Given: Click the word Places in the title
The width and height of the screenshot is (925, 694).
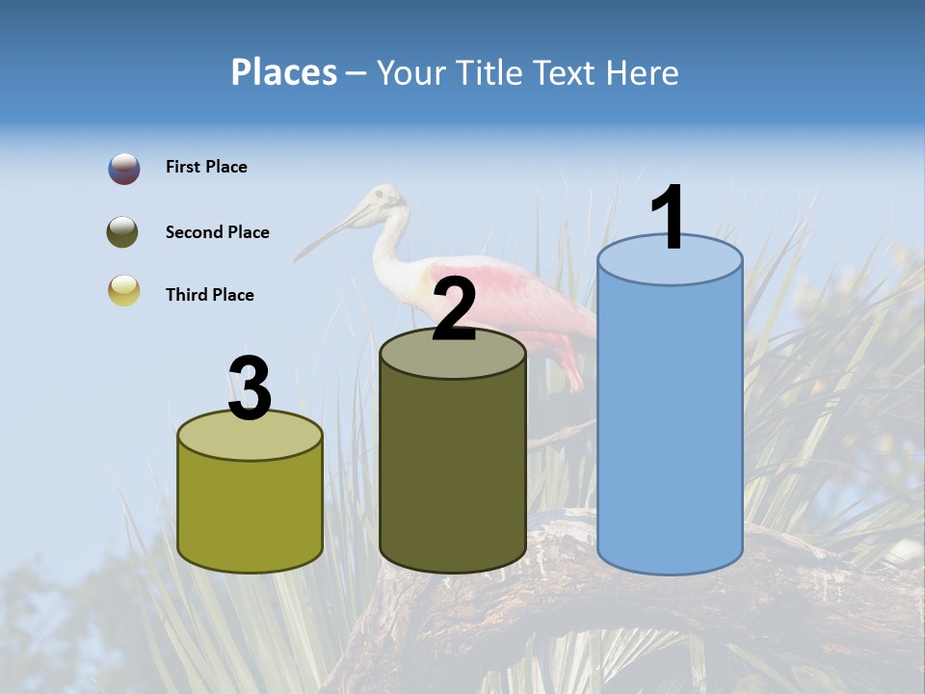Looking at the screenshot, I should tap(283, 72).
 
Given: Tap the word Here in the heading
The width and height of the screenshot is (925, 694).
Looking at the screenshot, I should tap(645, 73).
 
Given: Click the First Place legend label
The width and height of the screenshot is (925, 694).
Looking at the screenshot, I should tap(206, 167).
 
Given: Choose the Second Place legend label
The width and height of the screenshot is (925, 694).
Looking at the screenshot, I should tap(217, 232).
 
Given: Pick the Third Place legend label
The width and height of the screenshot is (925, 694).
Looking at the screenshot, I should tap(209, 295).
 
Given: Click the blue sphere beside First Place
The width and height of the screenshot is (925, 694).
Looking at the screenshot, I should tap(124, 169).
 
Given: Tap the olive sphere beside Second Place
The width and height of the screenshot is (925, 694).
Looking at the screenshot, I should tap(124, 232).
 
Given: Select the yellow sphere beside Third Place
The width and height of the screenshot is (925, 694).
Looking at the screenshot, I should tap(124, 290).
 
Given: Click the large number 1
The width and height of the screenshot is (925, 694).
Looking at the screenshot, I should tap(669, 219).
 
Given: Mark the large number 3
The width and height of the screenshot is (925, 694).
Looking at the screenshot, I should tap(251, 388).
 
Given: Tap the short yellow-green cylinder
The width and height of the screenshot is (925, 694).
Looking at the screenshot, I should tap(251, 511).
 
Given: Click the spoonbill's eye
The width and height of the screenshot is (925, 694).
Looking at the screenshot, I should tap(379, 197).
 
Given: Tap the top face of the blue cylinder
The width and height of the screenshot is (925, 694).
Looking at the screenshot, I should tap(670, 259).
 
